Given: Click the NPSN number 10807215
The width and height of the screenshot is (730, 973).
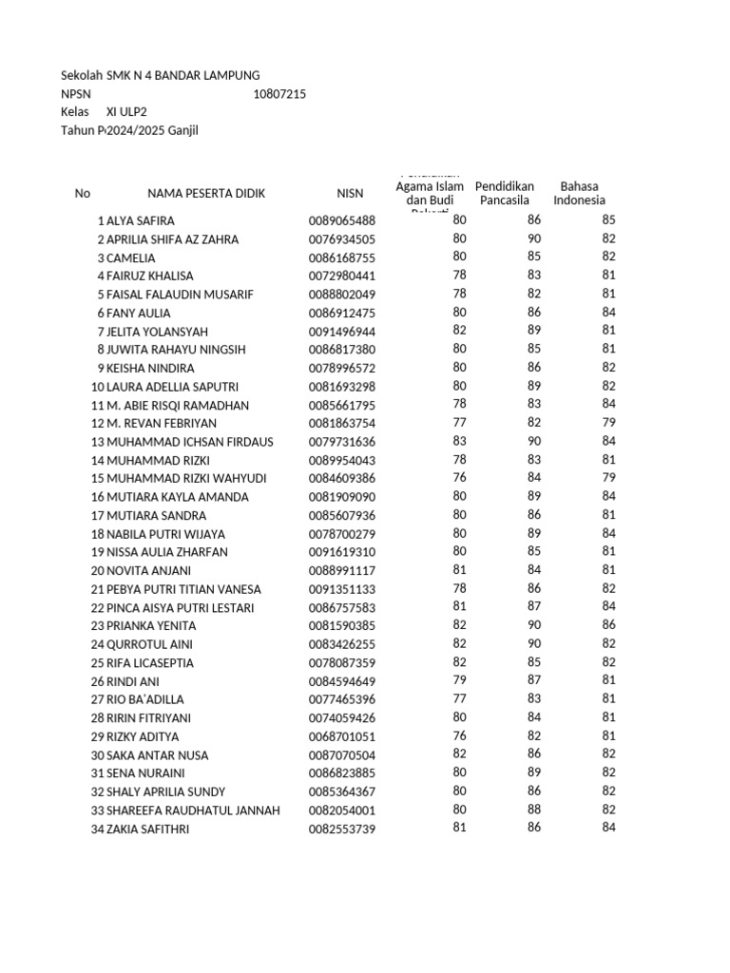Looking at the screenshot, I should pos(279,94).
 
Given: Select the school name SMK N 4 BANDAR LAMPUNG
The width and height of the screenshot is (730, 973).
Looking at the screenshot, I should pos(181,76).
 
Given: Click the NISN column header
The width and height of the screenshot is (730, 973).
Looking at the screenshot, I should pos(350,193).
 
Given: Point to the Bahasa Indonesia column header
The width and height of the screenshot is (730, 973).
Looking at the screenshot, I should pos(579,193).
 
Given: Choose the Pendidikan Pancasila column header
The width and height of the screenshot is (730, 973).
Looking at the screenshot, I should pos(504,193).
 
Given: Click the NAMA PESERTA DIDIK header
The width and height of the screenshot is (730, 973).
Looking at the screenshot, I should pos(206,193).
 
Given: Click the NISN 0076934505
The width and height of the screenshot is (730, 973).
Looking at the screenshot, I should pos(341,239).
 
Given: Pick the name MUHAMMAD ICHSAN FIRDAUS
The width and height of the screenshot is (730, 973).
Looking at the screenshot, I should pos(181,442).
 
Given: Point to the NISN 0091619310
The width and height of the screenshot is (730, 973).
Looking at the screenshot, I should pos(341,552).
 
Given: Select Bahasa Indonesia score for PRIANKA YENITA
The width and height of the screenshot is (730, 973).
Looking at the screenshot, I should pos(608,626).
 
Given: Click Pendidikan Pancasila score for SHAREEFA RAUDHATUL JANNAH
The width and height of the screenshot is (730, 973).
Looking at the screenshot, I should pos(533,810).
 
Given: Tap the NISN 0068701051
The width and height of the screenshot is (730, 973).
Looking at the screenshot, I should pos(341,736).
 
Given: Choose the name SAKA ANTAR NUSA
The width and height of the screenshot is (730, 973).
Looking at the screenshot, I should pos(157,755).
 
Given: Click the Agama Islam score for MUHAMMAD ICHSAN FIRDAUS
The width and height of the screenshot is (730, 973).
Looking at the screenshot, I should pos(459,442).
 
